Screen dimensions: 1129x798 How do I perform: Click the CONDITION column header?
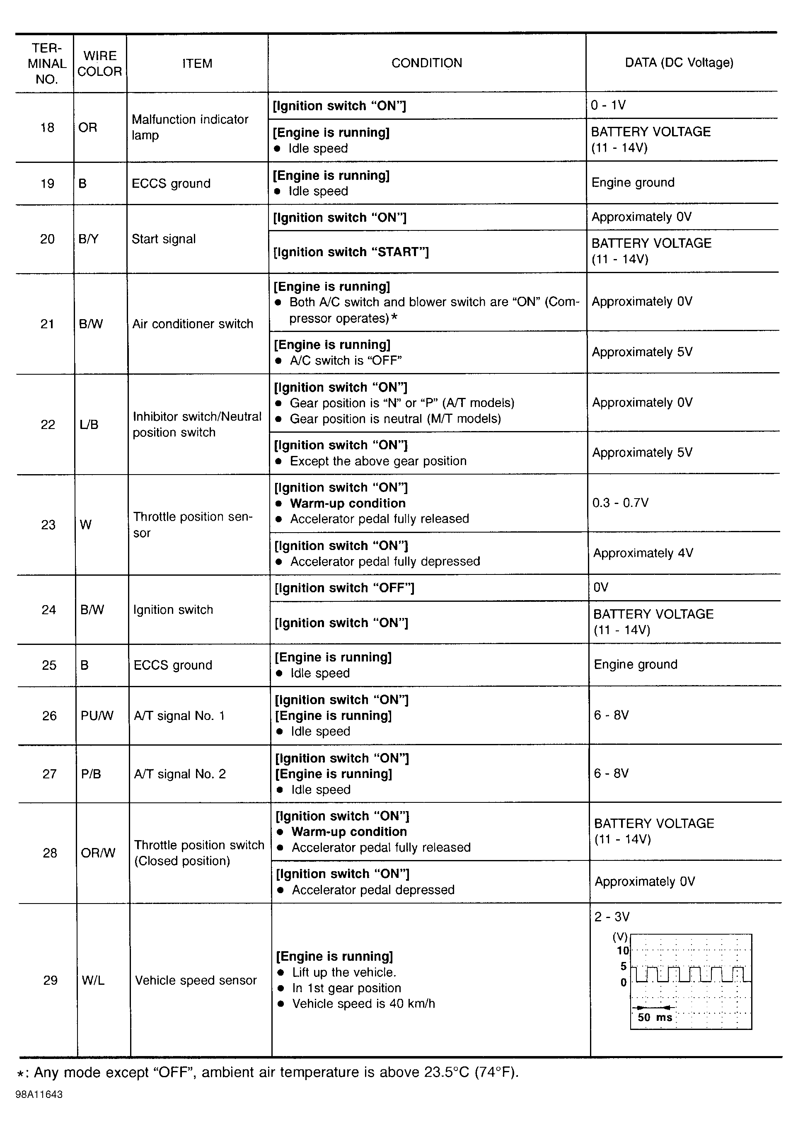426,63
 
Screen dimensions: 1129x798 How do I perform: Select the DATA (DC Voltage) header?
679,63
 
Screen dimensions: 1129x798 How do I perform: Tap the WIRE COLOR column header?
99,63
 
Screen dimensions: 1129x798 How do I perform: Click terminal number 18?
47,128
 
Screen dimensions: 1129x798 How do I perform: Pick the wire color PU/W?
97,715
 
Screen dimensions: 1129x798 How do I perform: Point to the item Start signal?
164,239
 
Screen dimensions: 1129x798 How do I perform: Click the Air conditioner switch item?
193,324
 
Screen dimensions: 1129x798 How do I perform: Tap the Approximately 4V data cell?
643,553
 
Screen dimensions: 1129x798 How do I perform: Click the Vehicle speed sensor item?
196,980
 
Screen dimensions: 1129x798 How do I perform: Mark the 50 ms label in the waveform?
654,1018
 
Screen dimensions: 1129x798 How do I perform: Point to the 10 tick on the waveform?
622,950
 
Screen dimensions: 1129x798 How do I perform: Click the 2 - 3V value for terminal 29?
612,916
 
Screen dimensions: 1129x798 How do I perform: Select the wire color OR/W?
98,853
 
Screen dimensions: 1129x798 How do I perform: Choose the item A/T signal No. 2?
180,773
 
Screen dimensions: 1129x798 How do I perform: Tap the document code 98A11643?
39,1095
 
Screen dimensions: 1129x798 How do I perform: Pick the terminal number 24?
48,610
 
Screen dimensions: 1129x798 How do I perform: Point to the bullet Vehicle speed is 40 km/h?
363,1003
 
